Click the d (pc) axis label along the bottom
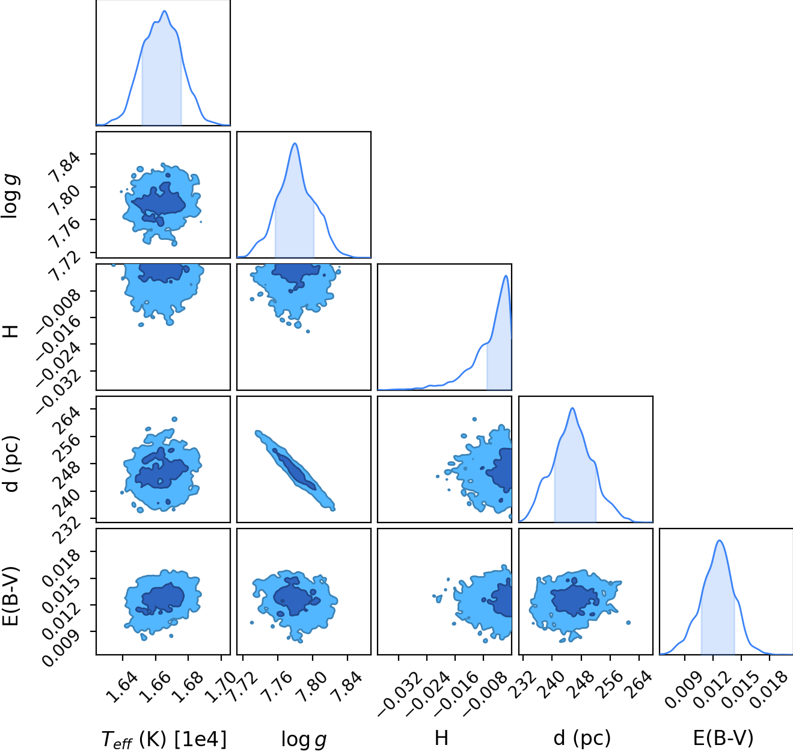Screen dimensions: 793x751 (582, 738)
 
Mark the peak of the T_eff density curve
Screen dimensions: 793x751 (165, 11)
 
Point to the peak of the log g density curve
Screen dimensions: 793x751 (295, 143)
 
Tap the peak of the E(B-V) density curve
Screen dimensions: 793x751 (720, 541)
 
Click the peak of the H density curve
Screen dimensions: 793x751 (506, 275)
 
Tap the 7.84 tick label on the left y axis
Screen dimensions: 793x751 (64, 165)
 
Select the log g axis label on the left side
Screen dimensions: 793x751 (10, 197)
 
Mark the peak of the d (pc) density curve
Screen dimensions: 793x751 (572, 408)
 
